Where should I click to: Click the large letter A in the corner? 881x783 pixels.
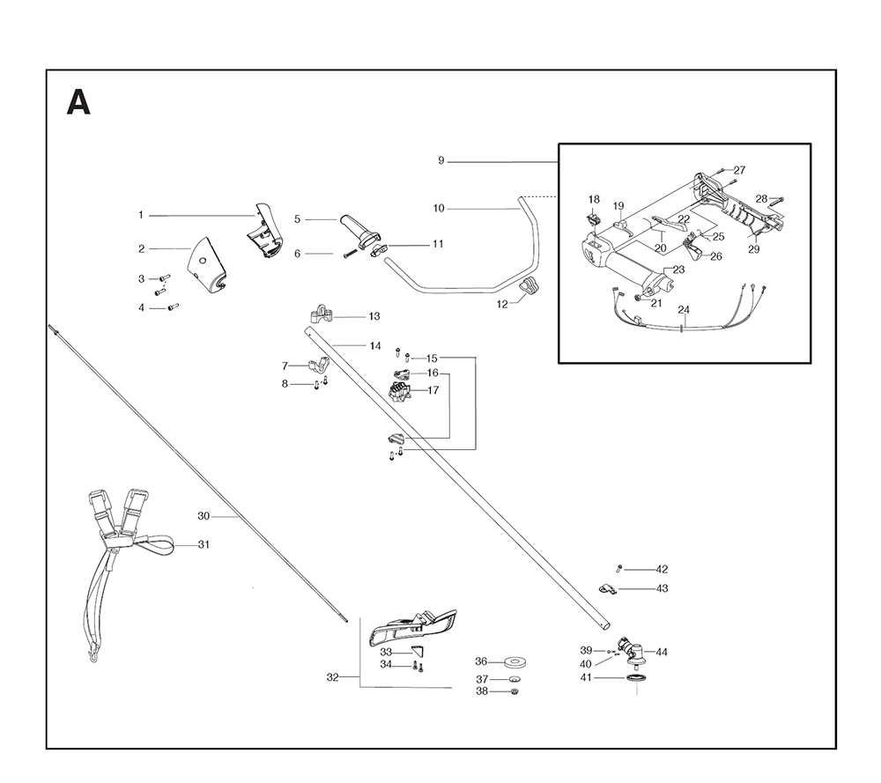point(78,103)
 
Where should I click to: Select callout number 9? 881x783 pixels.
point(441,161)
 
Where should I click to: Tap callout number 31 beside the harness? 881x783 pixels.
point(204,545)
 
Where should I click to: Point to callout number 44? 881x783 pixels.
point(662,653)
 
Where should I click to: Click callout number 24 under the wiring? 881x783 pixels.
point(684,310)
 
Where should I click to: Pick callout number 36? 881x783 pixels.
point(481,661)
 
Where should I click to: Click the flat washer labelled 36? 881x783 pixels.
point(516,661)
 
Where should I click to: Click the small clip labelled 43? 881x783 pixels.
point(605,588)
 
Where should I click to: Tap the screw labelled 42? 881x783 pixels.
point(619,569)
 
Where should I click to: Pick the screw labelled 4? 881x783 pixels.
point(173,307)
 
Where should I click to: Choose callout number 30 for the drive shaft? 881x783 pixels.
point(204,515)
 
